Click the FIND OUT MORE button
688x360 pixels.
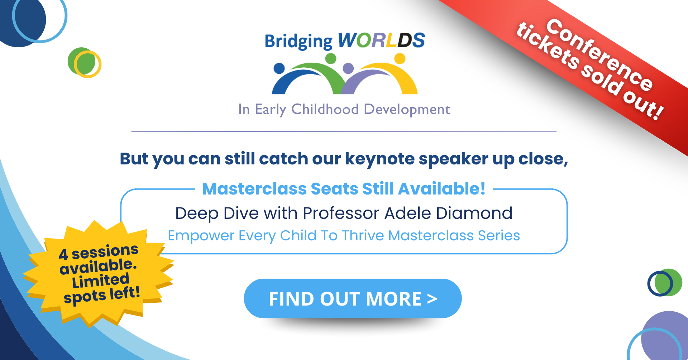(x=353, y=298)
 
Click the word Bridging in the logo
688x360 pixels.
(x=298, y=42)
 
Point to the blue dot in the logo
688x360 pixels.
(x=279, y=68)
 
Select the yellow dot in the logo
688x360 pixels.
(x=400, y=58)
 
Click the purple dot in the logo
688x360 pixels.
(x=348, y=68)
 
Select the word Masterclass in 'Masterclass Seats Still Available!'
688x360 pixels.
(x=254, y=189)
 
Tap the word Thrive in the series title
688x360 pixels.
(x=363, y=235)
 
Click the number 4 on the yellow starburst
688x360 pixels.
(x=63, y=255)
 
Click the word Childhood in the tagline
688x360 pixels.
(x=325, y=109)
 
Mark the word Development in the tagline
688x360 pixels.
(x=407, y=110)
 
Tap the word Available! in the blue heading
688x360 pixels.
(x=442, y=189)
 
